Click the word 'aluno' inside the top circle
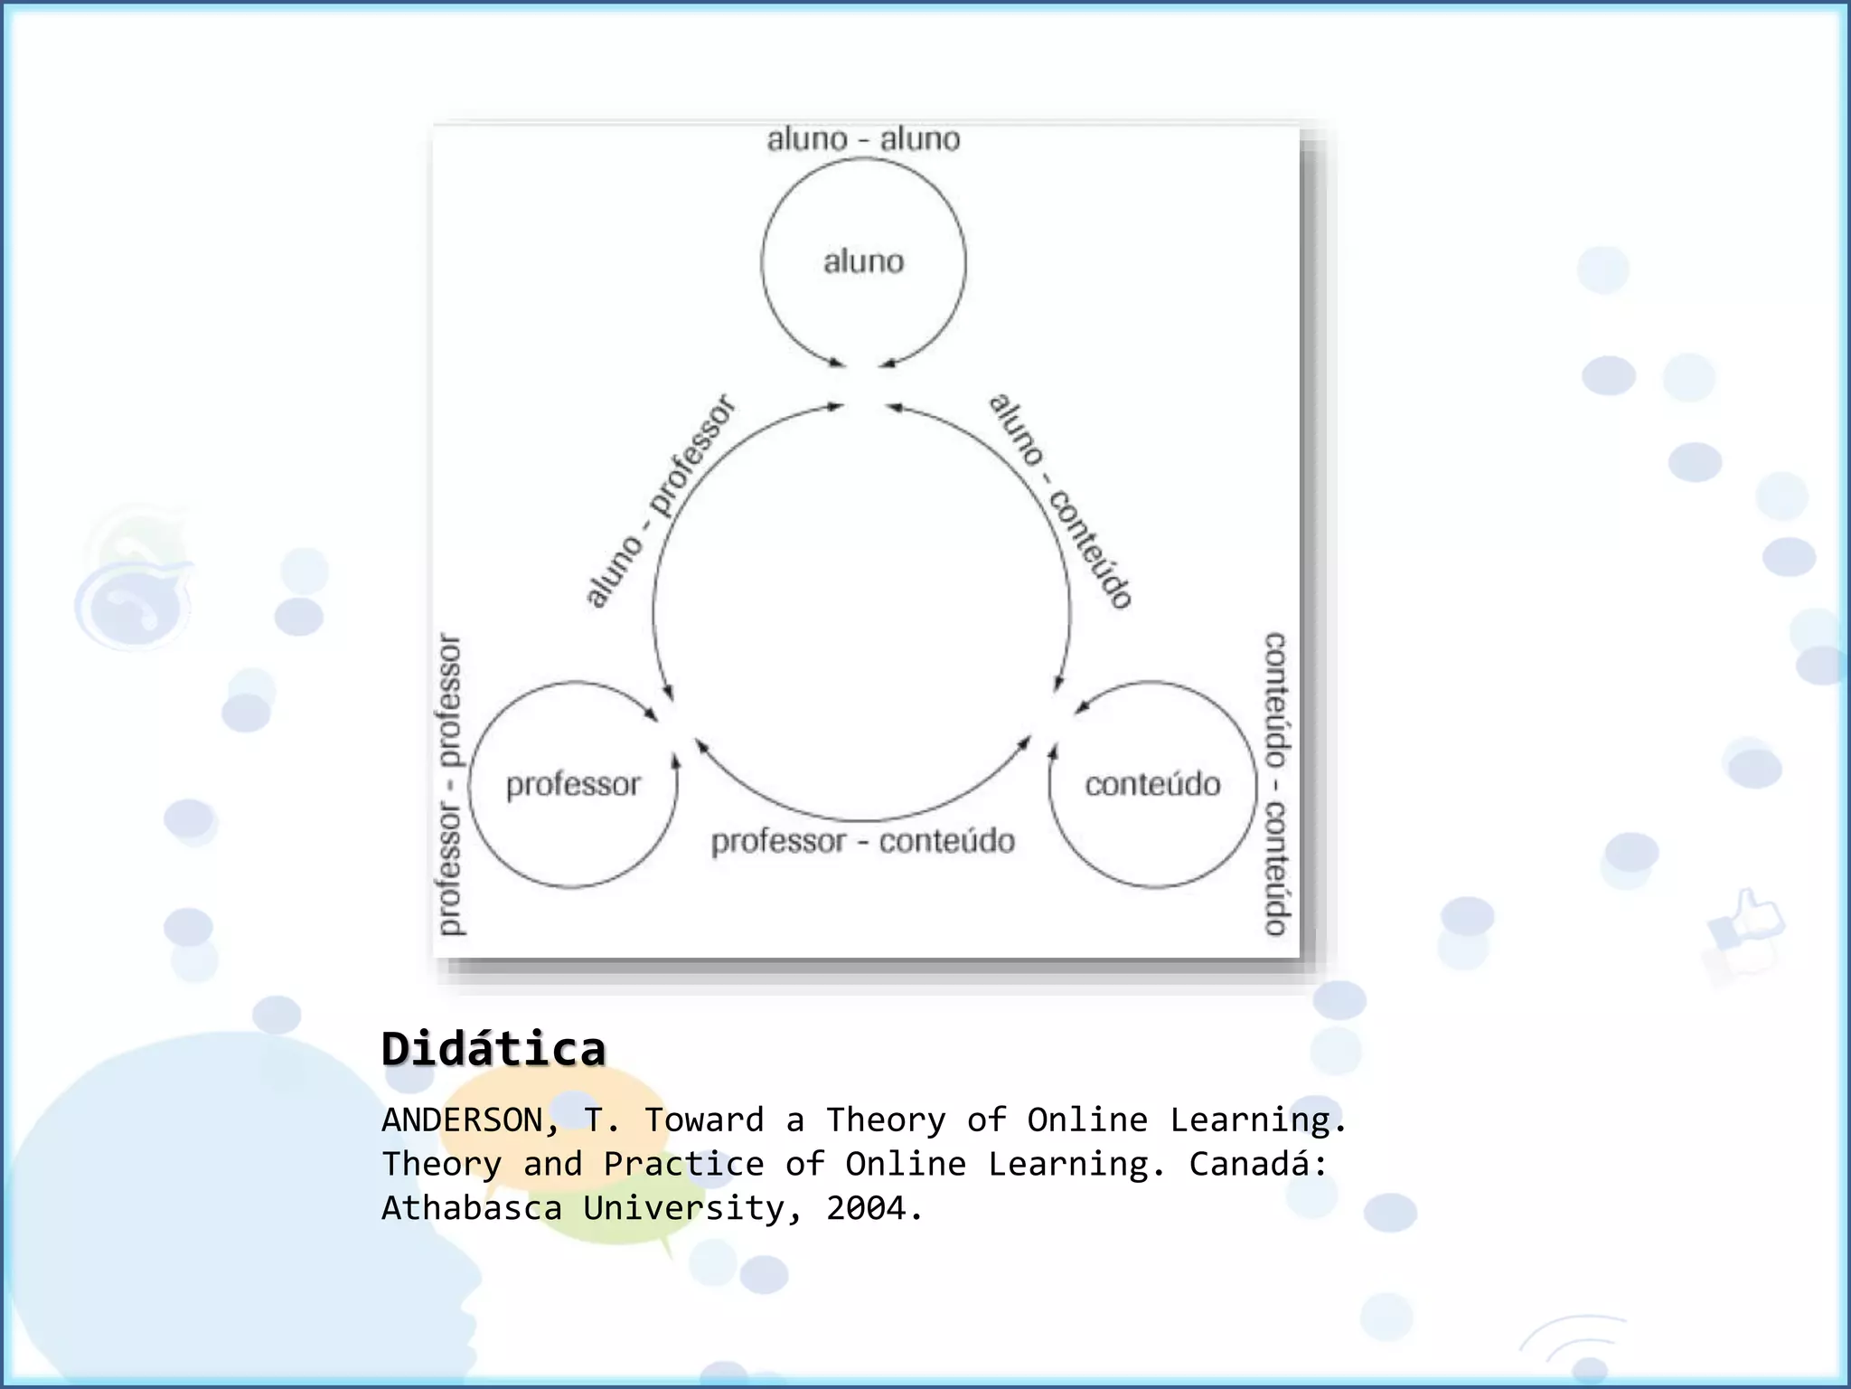(x=863, y=262)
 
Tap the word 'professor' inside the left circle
(x=573, y=784)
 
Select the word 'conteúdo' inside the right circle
(x=1152, y=784)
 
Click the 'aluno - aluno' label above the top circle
(x=863, y=139)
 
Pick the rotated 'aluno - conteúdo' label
(x=1061, y=501)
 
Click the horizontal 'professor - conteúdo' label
(x=863, y=842)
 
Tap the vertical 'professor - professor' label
(x=449, y=784)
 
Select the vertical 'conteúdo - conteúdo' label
(x=1275, y=784)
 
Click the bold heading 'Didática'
(x=493, y=1050)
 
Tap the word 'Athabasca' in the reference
(x=472, y=1208)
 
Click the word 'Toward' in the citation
(x=704, y=1120)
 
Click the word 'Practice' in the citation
(x=683, y=1164)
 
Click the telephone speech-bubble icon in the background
(x=134, y=600)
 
